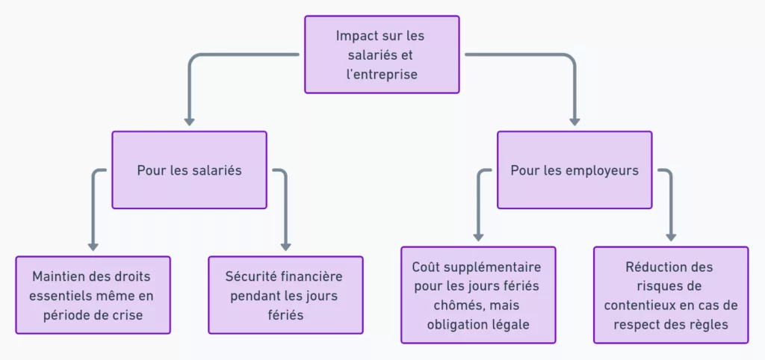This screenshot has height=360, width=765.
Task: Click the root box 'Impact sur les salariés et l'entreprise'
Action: pyautogui.click(x=381, y=55)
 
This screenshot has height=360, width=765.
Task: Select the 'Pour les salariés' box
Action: pyautogui.click(x=189, y=170)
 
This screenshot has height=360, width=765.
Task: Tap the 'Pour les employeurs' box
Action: pyautogui.click(x=574, y=170)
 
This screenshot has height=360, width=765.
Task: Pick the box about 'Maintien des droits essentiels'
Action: pyautogui.click(x=93, y=295)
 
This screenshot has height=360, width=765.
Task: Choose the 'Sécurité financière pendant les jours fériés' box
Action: pyautogui.click(x=285, y=295)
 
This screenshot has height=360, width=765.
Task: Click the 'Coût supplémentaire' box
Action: pyautogui.click(x=478, y=295)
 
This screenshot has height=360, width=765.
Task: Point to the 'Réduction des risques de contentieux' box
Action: pyautogui.click(x=671, y=295)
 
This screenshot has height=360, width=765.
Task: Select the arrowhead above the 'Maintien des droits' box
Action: pyautogui.click(x=93, y=245)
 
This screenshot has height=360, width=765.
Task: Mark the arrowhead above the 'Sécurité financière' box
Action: pyautogui.click(x=285, y=245)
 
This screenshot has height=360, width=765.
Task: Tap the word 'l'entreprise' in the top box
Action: pyautogui.click(x=381, y=75)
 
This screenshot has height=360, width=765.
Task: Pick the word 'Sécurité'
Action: pyautogui.click(x=249, y=276)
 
